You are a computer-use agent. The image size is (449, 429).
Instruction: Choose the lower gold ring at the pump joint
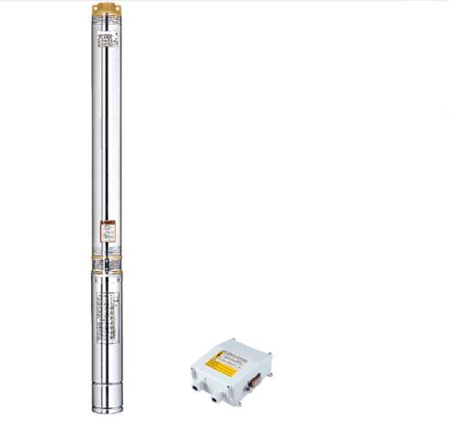(x=106, y=271)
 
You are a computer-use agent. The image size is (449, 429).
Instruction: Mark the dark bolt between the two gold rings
(x=107, y=265)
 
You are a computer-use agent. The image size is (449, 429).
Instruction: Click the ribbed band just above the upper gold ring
(x=106, y=250)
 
